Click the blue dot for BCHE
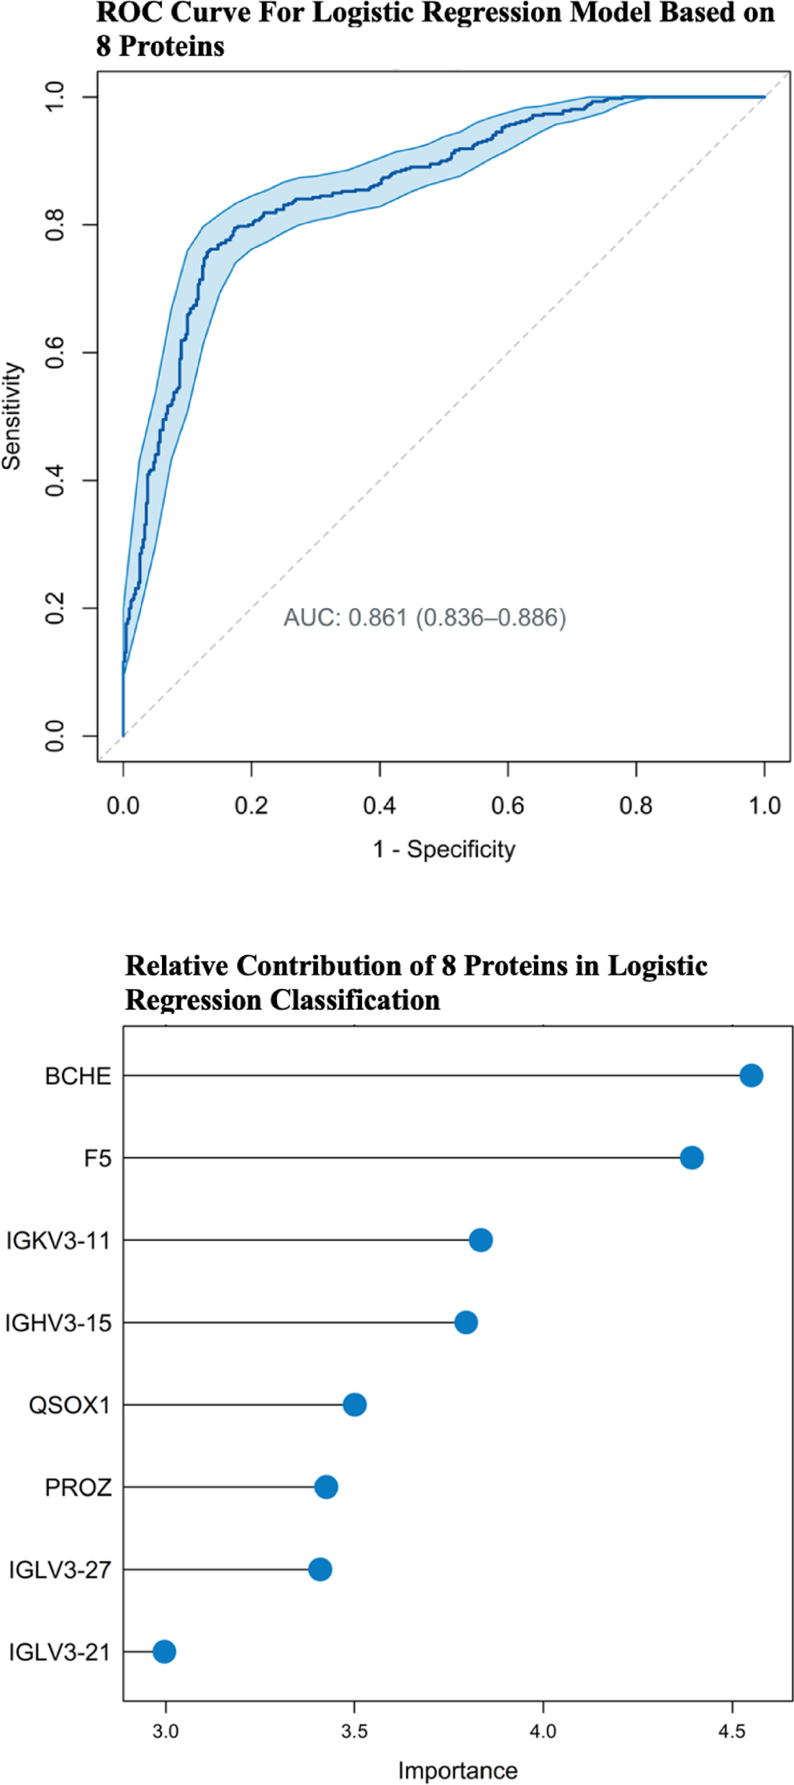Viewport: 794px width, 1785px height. pos(751,1075)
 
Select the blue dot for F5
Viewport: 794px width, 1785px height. pos(691,1157)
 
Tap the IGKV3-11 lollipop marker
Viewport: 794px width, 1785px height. pos(480,1240)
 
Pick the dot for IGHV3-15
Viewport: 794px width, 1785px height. pos(466,1322)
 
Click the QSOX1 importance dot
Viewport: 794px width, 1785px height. pos(354,1404)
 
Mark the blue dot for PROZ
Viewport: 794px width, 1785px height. pos(325,1486)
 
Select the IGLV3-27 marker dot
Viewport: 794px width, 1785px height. pos(320,1569)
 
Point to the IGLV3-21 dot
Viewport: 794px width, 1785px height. pos(164,1651)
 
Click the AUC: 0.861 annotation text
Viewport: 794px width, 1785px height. pos(424,618)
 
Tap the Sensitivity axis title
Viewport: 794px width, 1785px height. pos(12,416)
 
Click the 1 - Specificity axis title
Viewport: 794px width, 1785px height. pos(443,849)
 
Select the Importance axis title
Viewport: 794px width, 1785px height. pos(457,1770)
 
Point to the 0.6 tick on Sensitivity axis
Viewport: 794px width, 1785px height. pos(55,353)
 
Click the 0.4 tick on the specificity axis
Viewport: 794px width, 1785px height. pos(379,805)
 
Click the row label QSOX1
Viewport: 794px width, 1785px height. pos(69,1405)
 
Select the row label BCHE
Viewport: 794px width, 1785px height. pos(78,1076)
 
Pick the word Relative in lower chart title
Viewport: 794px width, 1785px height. pos(176,965)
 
